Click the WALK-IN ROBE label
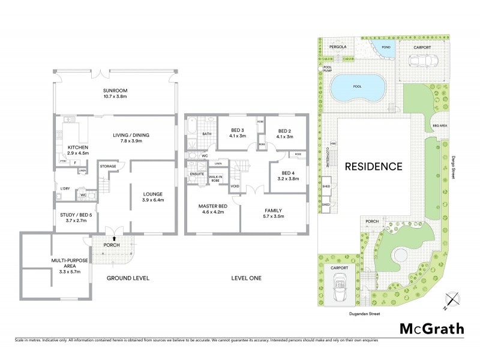[215, 178]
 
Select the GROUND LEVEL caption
[128, 278]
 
